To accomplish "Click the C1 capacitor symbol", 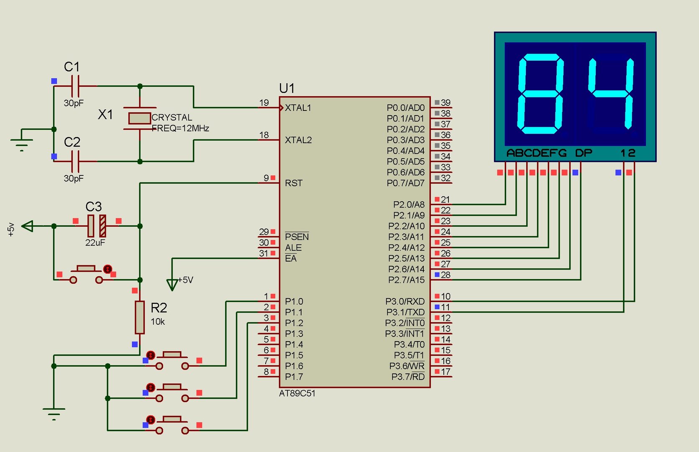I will [x=75, y=86].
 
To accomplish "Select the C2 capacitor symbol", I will [x=75, y=161].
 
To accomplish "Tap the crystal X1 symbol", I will [x=139, y=118].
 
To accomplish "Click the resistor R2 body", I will [x=140, y=317].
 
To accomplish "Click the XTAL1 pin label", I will [x=298, y=108].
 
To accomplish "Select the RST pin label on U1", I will [x=294, y=183].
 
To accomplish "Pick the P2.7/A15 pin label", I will [x=406, y=280].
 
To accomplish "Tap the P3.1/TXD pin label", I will [x=405, y=312].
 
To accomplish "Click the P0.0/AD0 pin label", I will [x=405, y=108].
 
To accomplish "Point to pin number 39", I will [x=446, y=103].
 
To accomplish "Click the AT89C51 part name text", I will [x=297, y=394].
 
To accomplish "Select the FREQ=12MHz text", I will [x=180, y=128].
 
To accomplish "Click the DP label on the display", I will [x=584, y=153].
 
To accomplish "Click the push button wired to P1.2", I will [x=172, y=425].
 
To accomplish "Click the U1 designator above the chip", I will [x=287, y=88].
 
